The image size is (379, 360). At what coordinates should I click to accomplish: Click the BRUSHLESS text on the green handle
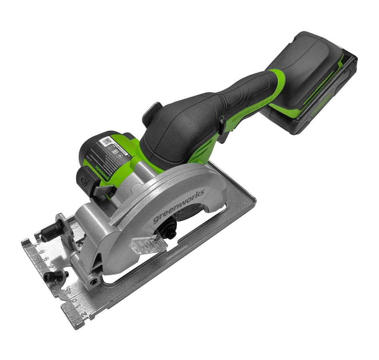click(x=252, y=108)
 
